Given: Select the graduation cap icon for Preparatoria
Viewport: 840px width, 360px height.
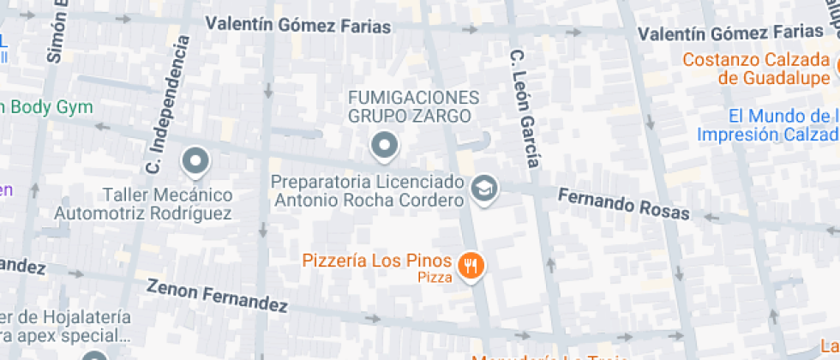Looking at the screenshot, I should coord(485,190).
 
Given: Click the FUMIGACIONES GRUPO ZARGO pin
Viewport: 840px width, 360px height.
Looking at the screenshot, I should coord(385,147).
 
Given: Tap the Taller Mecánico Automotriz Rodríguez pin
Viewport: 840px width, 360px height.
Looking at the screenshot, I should coord(196,160).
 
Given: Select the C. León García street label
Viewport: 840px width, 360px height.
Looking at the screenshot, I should coord(526,108).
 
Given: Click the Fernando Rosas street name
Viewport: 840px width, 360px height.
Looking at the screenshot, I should coord(623,204).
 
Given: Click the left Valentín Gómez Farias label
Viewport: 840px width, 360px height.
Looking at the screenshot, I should coord(298,25).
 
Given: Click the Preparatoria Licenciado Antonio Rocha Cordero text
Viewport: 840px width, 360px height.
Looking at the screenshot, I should coord(369,191).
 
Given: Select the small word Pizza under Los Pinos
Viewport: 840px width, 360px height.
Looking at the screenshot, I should coord(434,277).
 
